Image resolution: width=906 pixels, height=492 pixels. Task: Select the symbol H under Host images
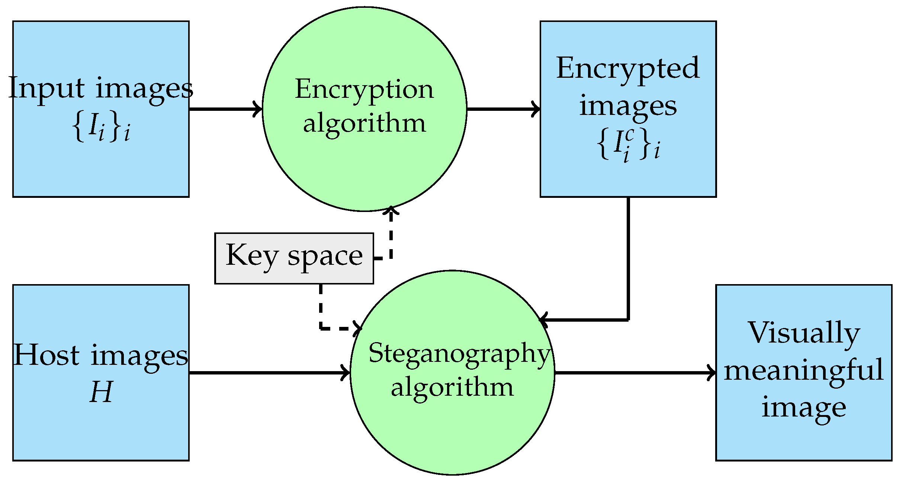click(x=101, y=392)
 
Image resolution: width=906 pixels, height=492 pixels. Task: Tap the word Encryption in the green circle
click(x=364, y=90)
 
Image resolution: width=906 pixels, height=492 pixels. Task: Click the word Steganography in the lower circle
click(x=459, y=354)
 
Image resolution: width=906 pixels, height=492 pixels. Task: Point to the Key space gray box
click(x=294, y=258)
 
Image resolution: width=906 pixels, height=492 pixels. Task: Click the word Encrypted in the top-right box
click(x=628, y=68)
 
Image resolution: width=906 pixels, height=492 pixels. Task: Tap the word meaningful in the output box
click(x=804, y=370)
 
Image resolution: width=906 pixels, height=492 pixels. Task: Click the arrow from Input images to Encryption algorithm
click(x=225, y=109)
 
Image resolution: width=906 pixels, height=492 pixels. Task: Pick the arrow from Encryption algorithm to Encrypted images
click(x=503, y=109)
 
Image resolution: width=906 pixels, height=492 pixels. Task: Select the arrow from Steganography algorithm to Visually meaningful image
click(x=634, y=373)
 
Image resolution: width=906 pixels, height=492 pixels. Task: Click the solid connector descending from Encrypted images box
click(x=628, y=260)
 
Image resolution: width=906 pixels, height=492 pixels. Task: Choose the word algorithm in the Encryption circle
click(x=364, y=123)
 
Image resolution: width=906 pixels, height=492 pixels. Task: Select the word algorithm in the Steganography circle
click(x=452, y=388)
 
